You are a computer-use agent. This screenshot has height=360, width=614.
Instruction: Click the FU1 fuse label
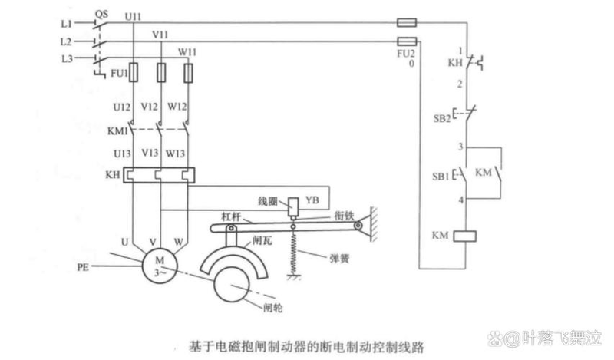[111, 74]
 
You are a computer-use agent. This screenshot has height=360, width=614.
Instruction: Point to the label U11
[132, 15]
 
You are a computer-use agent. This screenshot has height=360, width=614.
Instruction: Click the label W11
[188, 52]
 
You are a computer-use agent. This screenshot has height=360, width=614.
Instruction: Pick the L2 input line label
[66, 41]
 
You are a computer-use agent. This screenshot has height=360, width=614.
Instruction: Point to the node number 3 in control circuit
[458, 146]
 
